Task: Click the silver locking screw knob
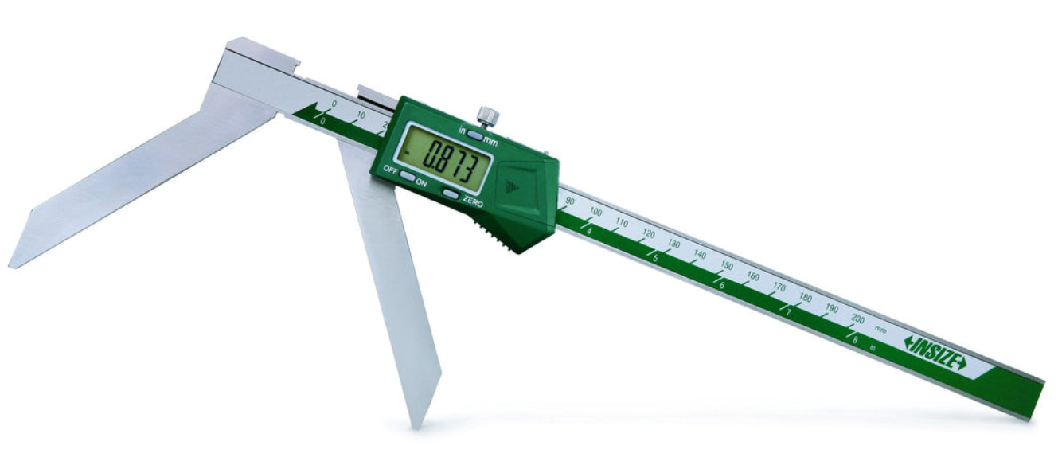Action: (487, 115)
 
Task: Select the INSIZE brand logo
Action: (935, 352)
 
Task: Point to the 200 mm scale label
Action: (857, 319)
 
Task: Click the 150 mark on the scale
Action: (727, 265)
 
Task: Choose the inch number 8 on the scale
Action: (855, 338)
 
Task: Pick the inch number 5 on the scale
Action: (655, 258)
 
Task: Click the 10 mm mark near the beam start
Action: (361, 115)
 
